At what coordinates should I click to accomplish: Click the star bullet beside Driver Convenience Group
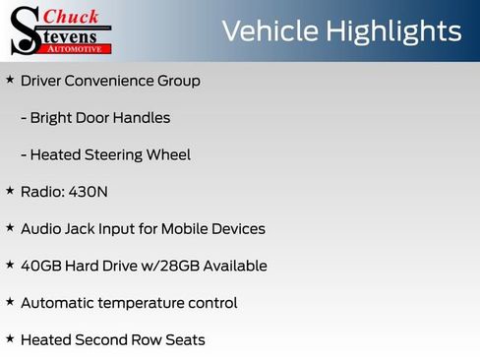10,80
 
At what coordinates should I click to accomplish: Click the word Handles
144,118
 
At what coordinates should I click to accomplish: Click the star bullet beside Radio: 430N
10,191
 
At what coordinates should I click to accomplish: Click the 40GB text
41,266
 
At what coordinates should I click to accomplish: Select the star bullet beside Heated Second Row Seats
10,338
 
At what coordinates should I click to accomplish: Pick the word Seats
184,339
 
